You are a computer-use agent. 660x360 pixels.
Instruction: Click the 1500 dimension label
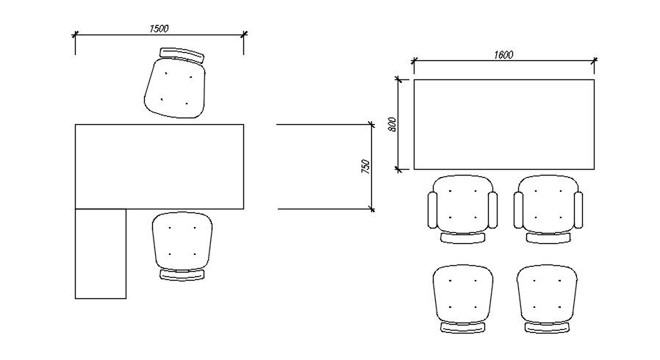tap(159, 29)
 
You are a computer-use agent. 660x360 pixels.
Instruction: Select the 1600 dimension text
tap(503, 54)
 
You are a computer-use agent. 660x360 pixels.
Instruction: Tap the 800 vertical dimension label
tap(392, 124)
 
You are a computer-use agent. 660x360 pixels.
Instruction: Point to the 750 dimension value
tap(365, 167)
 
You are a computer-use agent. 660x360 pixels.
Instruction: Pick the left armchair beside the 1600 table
tap(462, 209)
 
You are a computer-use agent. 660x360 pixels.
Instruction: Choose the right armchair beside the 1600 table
tap(548, 209)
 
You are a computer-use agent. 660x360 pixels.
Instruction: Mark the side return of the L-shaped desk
tap(101, 253)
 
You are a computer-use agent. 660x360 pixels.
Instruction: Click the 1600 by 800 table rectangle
tap(503, 124)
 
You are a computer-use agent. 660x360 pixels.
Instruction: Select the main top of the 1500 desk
tap(159, 166)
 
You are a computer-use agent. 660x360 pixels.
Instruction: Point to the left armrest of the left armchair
tap(432, 210)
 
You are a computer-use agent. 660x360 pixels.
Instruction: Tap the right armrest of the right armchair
tap(578, 210)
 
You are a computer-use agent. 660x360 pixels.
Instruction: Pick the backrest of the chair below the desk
tap(182, 275)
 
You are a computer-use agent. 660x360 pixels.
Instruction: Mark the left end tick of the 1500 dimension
tap(75, 33)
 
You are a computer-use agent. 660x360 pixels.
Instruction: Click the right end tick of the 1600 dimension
tap(594, 60)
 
